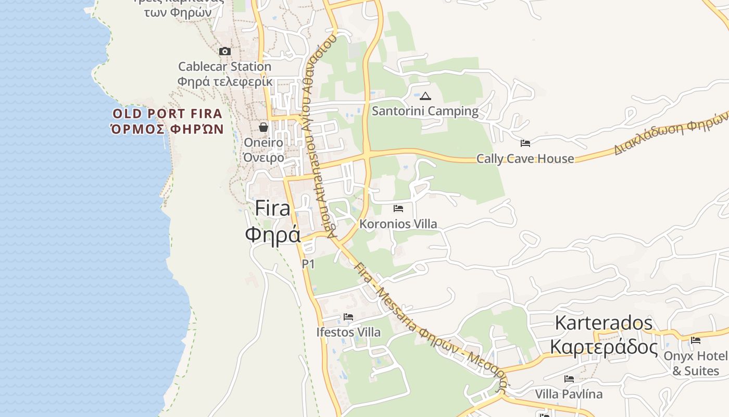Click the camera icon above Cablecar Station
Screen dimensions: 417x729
point(225,51)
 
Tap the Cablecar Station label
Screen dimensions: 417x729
point(225,67)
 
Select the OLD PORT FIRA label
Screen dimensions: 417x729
point(168,114)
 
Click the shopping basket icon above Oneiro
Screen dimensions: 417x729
point(263,127)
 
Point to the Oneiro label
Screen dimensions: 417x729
point(263,143)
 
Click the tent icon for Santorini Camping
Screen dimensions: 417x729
point(425,96)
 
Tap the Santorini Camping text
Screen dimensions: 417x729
point(425,111)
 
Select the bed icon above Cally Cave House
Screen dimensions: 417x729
point(525,143)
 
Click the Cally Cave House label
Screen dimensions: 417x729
point(525,158)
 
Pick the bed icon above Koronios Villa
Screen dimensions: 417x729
point(398,208)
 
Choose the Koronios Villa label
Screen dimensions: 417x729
point(398,224)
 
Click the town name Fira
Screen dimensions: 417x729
point(273,208)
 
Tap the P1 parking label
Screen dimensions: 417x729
point(308,264)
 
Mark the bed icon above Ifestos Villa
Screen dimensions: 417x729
point(348,317)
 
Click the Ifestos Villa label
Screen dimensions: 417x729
point(348,332)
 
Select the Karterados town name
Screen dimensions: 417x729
point(604,323)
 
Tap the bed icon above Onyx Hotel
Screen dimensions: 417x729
point(696,341)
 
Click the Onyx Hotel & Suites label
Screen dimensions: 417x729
point(696,363)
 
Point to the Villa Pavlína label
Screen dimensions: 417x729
point(569,394)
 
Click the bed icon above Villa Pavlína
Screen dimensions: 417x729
point(569,379)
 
